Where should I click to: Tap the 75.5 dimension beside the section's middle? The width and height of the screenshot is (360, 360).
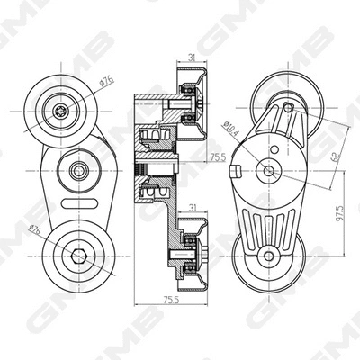[216, 157]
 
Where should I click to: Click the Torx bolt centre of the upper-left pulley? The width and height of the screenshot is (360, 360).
[58, 112]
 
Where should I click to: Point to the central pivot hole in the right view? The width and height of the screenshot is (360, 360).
[268, 168]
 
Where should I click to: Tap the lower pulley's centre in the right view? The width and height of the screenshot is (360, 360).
[267, 256]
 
